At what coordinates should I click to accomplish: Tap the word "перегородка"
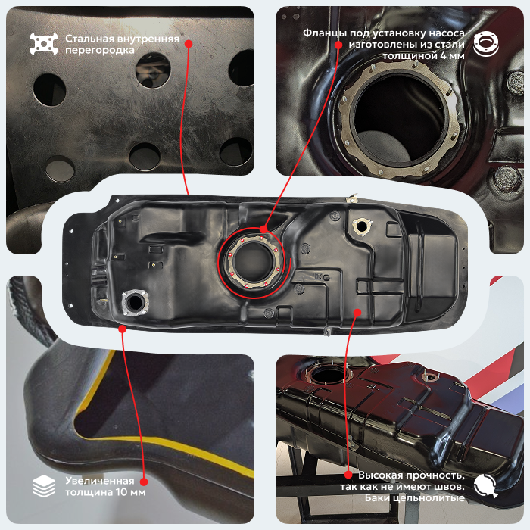[x=100, y=50]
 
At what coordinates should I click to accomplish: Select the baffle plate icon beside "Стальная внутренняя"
[x=44, y=44]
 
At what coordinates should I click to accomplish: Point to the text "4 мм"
[x=452, y=55]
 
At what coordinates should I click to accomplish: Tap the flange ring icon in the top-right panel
[x=486, y=44]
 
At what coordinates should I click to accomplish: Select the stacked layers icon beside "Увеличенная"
[x=44, y=486]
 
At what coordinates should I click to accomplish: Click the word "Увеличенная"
[x=100, y=481]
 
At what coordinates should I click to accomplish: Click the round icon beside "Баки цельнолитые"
[x=486, y=486]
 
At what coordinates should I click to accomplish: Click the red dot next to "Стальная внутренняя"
[x=189, y=44]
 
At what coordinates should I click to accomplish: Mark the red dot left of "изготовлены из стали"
[x=338, y=45]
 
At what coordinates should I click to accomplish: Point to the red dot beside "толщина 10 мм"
[x=144, y=482]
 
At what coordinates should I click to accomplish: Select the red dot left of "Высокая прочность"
[x=348, y=475]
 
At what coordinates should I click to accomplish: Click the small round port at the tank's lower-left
[x=136, y=302]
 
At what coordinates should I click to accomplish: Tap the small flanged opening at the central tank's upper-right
[x=362, y=226]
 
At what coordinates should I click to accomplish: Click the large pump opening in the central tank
[x=254, y=262]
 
